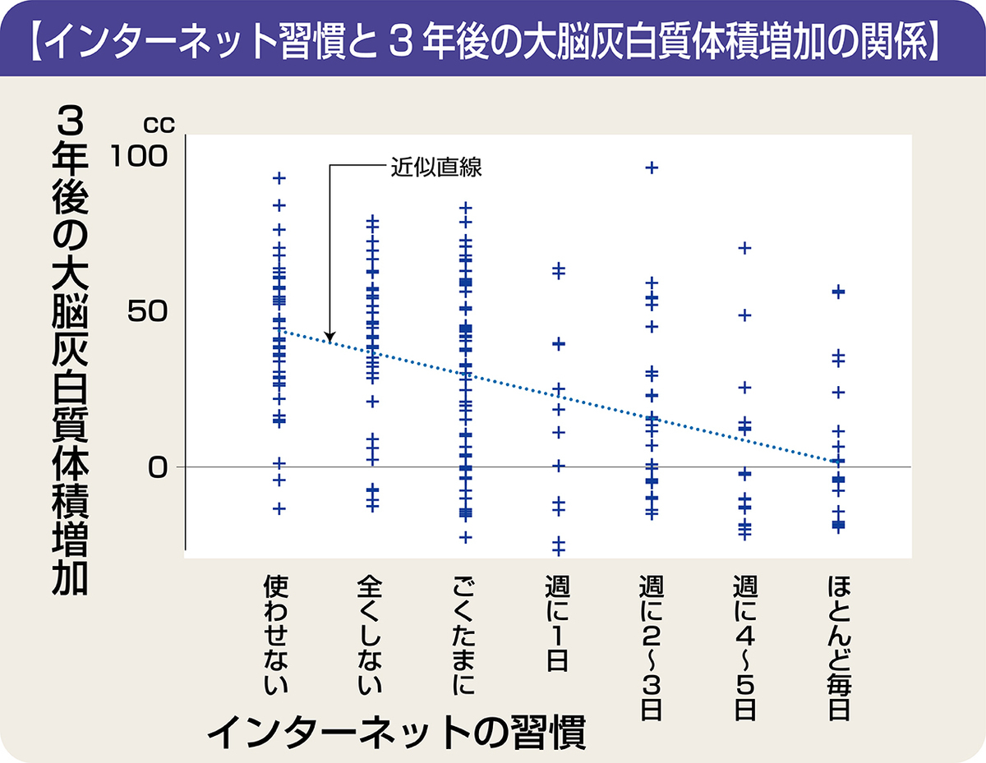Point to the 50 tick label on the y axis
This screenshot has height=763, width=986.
(x=150, y=311)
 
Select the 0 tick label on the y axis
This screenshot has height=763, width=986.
(x=159, y=467)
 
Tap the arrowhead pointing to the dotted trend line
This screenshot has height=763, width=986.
(x=329, y=337)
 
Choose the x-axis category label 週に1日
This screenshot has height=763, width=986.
(x=558, y=624)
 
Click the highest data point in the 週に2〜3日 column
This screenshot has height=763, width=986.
(x=652, y=168)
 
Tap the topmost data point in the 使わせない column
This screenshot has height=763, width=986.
(x=279, y=177)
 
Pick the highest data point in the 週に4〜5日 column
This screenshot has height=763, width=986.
(x=745, y=247)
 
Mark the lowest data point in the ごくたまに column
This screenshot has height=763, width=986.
(x=465, y=537)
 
